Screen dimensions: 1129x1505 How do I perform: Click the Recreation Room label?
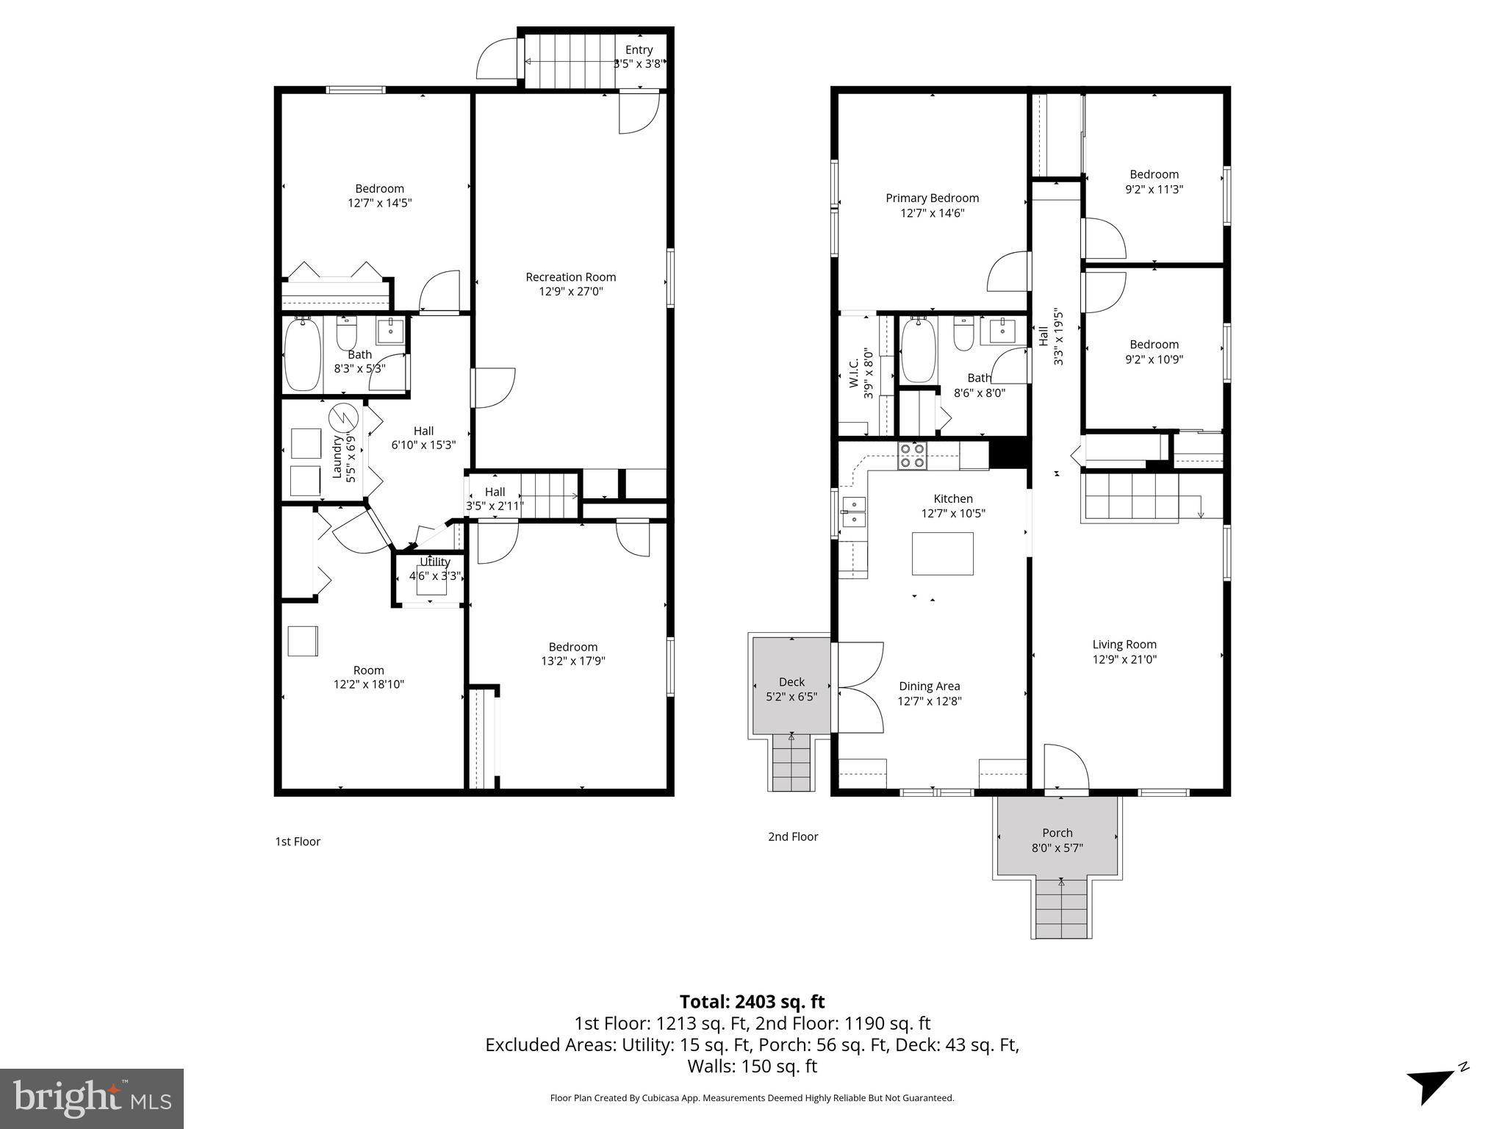click(570, 277)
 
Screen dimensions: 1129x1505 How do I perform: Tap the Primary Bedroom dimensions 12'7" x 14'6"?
click(932, 213)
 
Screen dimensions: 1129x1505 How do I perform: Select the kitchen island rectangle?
click(942, 553)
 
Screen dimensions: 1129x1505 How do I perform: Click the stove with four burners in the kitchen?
click(913, 456)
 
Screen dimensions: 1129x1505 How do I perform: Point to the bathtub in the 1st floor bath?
click(302, 354)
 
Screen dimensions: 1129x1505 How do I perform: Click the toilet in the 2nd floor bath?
click(963, 334)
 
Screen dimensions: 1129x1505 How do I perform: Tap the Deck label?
click(791, 682)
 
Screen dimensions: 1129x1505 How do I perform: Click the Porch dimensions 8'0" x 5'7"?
click(1057, 847)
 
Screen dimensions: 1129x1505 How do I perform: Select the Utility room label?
click(434, 562)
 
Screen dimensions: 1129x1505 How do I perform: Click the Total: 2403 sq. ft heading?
click(752, 1002)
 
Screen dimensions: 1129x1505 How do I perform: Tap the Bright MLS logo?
click(91, 1098)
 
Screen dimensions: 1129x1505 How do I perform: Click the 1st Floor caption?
click(298, 842)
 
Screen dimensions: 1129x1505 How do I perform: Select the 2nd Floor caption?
click(793, 836)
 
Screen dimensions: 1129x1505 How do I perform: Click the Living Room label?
click(1124, 645)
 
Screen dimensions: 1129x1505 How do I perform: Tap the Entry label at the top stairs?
click(639, 50)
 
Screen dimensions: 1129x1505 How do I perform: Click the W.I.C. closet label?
click(854, 373)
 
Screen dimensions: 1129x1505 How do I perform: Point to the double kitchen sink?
click(854, 512)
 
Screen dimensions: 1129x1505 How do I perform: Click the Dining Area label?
click(929, 687)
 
